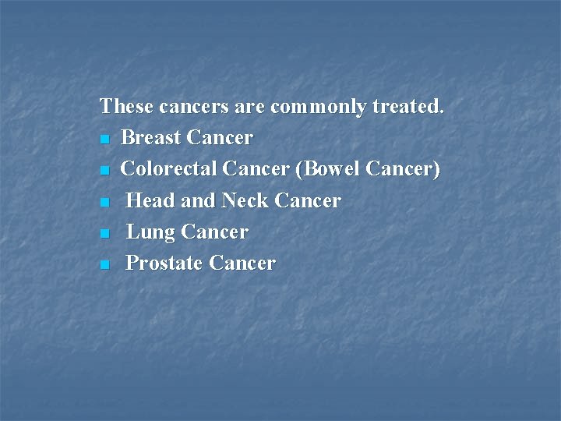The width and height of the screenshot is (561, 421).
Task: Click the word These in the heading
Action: pyautogui.click(x=127, y=106)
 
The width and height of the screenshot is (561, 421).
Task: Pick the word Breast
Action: pyautogui.click(x=151, y=138)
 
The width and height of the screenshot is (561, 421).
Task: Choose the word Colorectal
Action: pyautogui.click(x=169, y=169)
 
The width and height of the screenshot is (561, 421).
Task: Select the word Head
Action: pyautogui.click(x=150, y=200)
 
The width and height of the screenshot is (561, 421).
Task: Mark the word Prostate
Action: pyautogui.click(x=164, y=264)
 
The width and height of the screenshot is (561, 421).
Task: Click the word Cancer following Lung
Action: pyautogui.click(x=214, y=232)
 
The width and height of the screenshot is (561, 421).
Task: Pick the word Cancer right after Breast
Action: pyautogui.click(x=220, y=138)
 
